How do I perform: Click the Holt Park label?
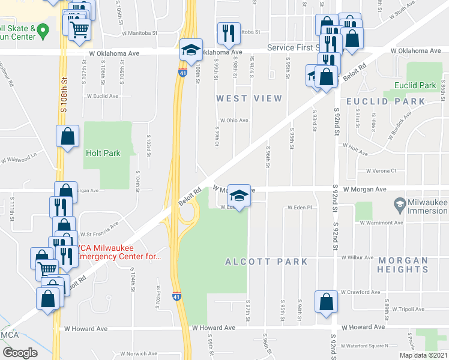(x=103, y=153)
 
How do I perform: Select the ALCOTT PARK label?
(x=266, y=262)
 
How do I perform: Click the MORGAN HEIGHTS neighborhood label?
(x=403, y=265)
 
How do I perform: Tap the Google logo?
(x=20, y=352)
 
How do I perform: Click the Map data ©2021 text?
(x=423, y=355)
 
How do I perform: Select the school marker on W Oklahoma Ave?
(x=191, y=50)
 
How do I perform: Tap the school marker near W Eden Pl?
(x=240, y=195)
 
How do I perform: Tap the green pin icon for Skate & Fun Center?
(x=43, y=29)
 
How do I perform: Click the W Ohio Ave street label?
(x=234, y=120)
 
